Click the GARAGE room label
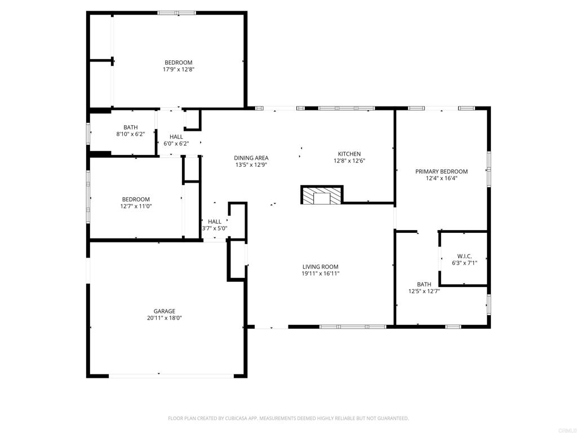[165, 311]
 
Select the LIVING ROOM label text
[320, 267]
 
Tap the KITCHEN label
[349, 154]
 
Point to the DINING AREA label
[251, 158]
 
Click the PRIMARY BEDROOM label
[441, 171]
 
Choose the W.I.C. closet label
[464, 256]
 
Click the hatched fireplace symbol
[322, 195]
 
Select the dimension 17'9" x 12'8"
[179, 69]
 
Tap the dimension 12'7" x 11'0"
[136, 206]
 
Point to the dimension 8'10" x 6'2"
[131, 134]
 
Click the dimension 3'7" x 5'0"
[215, 228]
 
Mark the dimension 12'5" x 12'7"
[424, 291]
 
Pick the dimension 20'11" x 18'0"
[165, 318]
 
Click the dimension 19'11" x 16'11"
[320, 273]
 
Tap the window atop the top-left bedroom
[176, 12]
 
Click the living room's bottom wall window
[353, 326]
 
